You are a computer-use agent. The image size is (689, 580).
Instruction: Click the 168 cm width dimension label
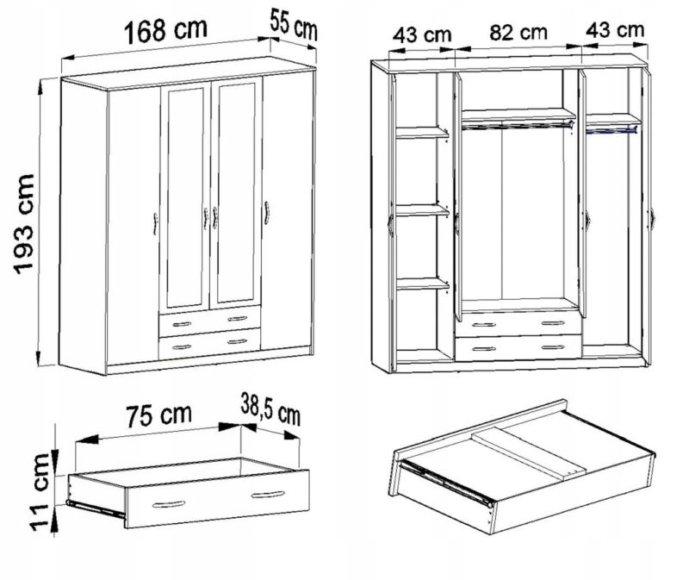165,31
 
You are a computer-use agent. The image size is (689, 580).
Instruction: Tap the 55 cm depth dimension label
293,25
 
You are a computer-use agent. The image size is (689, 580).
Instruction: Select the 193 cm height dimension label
24,224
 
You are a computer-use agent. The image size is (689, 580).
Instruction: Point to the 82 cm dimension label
518,33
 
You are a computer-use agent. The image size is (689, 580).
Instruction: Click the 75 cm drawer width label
159,415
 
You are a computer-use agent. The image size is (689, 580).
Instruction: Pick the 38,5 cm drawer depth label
270,410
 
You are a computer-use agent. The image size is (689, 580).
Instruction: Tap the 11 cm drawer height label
40,492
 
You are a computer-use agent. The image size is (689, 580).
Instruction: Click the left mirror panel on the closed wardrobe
185,196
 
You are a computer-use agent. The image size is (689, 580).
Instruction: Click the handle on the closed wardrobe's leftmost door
155,223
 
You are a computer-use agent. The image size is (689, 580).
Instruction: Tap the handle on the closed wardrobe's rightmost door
266,213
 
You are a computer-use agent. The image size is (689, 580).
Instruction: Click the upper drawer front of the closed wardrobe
209,321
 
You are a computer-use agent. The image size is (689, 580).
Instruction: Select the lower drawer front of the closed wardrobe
209,344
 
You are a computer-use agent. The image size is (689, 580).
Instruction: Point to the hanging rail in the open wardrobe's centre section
518,126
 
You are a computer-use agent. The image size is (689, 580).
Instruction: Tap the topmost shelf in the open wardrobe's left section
422,133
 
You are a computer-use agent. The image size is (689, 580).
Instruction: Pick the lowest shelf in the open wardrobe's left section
422,284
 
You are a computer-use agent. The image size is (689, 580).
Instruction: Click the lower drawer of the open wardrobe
518,347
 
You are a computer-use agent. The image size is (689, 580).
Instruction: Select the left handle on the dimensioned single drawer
169,504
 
